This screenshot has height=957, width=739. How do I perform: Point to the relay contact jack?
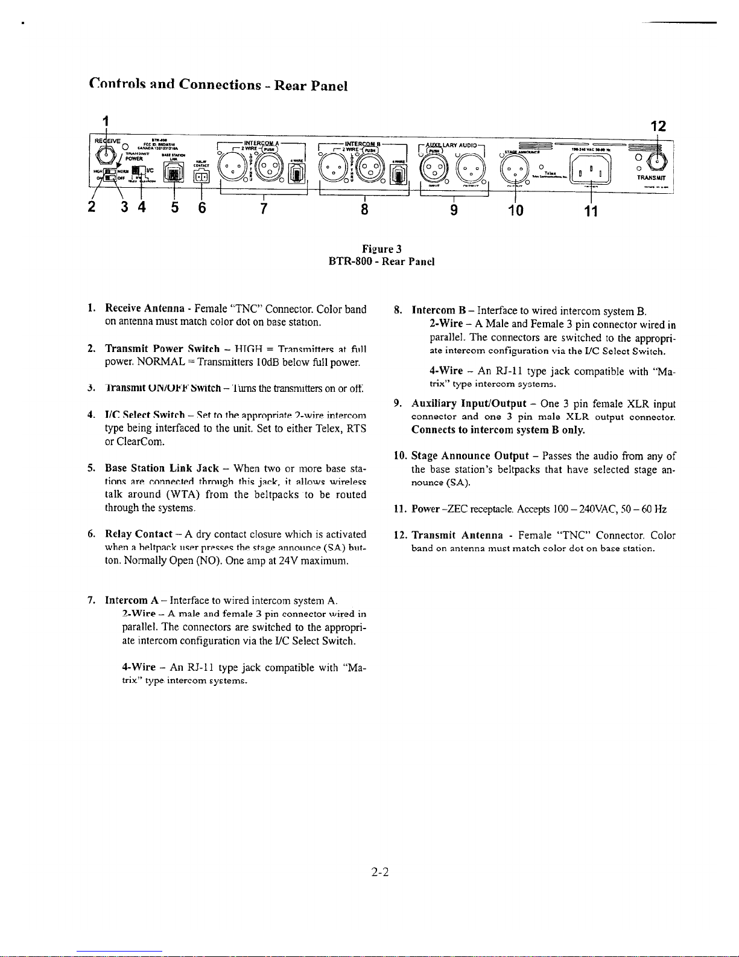pyautogui.click(x=201, y=176)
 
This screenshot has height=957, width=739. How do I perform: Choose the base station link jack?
pyautogui.click(x=174, y=174)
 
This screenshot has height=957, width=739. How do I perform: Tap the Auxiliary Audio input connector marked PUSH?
pyautogui.click(x=433, y=170)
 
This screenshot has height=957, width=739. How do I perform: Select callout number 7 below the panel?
pyautogui.click(x=263, y=209)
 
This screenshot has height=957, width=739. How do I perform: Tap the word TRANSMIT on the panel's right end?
pyautogui.click(x=652, y=179)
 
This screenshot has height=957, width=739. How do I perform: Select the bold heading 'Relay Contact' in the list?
pyautogui.click(x=139, y=534)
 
